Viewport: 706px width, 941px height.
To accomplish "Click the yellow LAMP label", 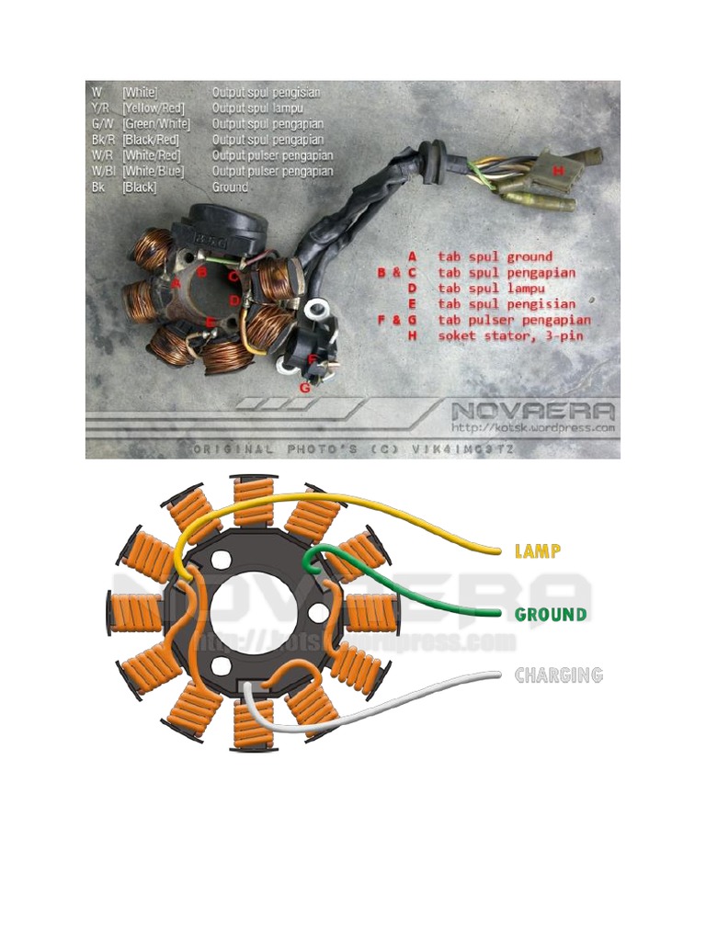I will point(538,551).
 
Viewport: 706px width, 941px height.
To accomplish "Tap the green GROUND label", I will point(551,614).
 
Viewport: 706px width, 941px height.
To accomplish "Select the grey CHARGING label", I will point(558,675).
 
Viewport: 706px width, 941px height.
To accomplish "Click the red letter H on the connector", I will point(556,170).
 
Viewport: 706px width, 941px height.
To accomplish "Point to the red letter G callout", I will point(305,387).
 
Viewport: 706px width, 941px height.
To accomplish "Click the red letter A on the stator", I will point(176,283).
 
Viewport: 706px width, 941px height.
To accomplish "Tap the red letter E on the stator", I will point(211,322).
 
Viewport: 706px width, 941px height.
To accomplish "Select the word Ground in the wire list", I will point(230,187).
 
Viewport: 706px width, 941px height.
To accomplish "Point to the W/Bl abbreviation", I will point(99,171).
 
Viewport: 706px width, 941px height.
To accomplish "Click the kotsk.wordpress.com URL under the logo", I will point(532,428).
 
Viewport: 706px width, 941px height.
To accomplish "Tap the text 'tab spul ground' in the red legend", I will point(495,257).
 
